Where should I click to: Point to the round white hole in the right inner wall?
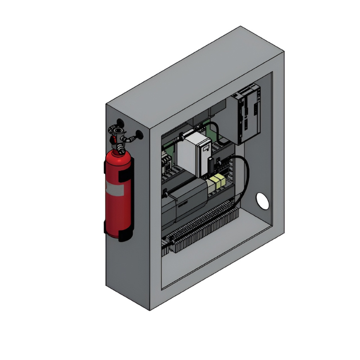click(x=262, y=200)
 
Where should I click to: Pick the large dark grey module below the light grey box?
click(x=186, y=203)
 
